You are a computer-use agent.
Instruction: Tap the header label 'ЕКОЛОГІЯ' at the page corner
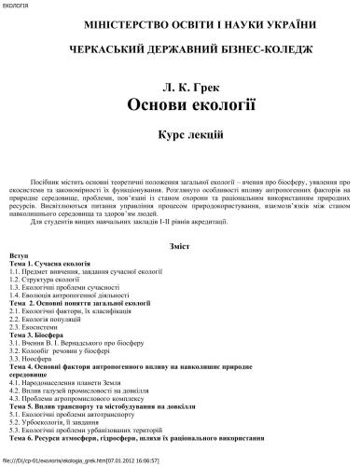click(17, 5)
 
